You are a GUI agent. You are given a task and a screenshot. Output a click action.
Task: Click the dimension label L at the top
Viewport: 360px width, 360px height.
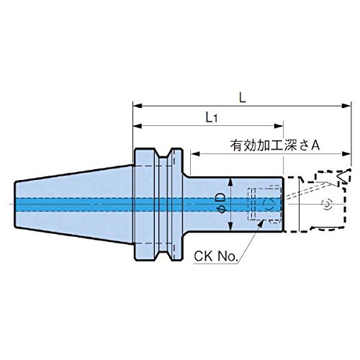[x=243, y=98]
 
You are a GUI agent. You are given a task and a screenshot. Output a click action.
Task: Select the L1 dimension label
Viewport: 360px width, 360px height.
[x=212, y=117]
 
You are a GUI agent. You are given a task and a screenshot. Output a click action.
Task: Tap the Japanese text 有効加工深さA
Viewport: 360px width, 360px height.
[x=275, y=145]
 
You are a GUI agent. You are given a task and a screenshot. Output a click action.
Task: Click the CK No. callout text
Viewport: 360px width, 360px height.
[x=215, y=256]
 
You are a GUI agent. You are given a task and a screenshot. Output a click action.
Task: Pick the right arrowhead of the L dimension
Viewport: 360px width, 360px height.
[x=346, y=106]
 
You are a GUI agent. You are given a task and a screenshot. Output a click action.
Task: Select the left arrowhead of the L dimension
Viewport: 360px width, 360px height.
[x=138, y=106]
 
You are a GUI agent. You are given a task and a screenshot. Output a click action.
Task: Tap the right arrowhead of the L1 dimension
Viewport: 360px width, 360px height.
[x=279, y=126]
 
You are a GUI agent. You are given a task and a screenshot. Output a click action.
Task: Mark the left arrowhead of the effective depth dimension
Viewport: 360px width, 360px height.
[x=196, y=153]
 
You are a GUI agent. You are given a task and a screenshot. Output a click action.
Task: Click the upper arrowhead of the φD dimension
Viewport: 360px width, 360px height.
[x=230, y=182]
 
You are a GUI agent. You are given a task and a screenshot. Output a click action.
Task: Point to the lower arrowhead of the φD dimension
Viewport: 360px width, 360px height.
[x=230, y=226]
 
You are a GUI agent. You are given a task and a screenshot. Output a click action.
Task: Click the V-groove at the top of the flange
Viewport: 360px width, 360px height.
[x=163, y=153]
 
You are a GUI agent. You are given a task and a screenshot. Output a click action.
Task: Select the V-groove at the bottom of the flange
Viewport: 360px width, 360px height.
[x=163, y=256]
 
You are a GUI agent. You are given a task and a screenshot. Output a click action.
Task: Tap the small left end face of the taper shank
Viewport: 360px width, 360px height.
[x=15, y=204]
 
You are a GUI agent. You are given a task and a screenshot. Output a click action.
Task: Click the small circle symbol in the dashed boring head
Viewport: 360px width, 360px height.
[x=327, y=204]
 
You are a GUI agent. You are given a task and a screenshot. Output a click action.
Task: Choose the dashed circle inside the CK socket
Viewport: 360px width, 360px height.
[x=269, y=204]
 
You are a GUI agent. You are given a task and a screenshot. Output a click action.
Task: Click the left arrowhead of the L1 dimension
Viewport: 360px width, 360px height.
[x=138, y=126]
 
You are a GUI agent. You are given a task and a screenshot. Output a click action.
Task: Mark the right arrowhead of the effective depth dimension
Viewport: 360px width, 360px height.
[x=346, y=153]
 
